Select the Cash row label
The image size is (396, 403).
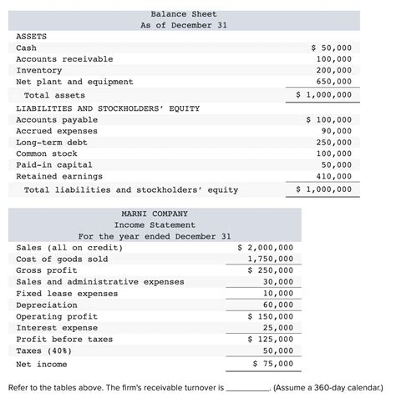click(x=26, y=48)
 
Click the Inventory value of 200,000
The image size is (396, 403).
click(x=334, y=71)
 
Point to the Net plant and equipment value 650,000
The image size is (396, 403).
click(x=334, y=82)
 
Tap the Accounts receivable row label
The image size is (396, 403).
click(x=64, y=59)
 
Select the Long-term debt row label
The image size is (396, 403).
click(x=52, y=143)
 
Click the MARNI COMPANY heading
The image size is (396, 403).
click(x=155, y=214)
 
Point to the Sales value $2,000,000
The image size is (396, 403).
click(x=265, y=248)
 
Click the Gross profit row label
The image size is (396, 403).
click(x=47, y=270)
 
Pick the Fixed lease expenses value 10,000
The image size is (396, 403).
click(x=278, y=294)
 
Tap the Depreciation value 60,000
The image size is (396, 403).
click(x=278, y=305)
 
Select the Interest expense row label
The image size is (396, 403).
click(x=55, y=328)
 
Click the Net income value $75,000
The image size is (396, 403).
click(x=272, y=364)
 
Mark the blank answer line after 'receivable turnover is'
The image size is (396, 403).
click(x=248, y=388)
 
